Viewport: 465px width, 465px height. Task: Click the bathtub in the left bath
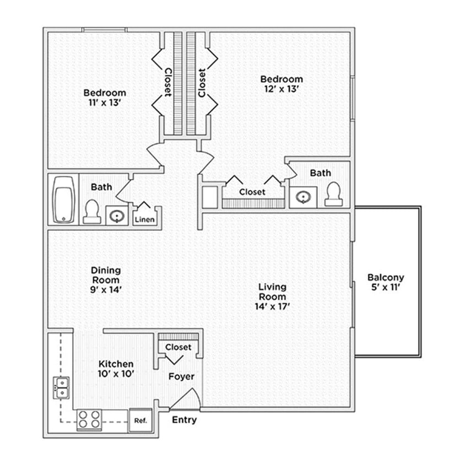coord(64,199)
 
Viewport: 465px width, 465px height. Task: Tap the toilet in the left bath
coord(91,212)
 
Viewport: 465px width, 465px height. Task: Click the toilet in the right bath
coord(333,194)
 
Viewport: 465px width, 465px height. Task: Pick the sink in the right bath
coord(303,197)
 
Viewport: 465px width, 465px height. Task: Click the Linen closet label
coord(144,220)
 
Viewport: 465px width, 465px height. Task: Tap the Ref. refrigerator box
coord(140,421)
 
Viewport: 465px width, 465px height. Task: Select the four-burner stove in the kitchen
coord(89,420)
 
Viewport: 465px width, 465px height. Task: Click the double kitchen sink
coord(61,387)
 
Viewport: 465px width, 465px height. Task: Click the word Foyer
coord(181,377)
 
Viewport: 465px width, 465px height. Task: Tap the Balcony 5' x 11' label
coord(386,282)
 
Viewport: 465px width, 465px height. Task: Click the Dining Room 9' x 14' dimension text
coord(106,289)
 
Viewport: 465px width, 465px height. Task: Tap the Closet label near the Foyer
coord(179,347)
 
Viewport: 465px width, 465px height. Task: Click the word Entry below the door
coord(184,420)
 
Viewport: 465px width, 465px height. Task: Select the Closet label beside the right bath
coord(252,192)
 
